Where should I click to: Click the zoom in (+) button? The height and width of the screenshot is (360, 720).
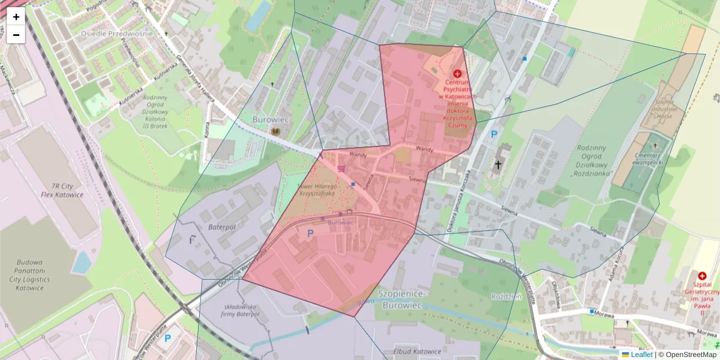(16, 17)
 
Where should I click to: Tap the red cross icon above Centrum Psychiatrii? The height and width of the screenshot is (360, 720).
(457, 73)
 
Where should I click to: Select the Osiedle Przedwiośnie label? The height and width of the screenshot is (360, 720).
(117, 34)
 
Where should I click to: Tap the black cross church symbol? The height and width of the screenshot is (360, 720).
(498, 164)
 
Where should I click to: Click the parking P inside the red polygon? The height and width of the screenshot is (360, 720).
(310, 233)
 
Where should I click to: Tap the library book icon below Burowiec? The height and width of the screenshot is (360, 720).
(276, 131)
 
